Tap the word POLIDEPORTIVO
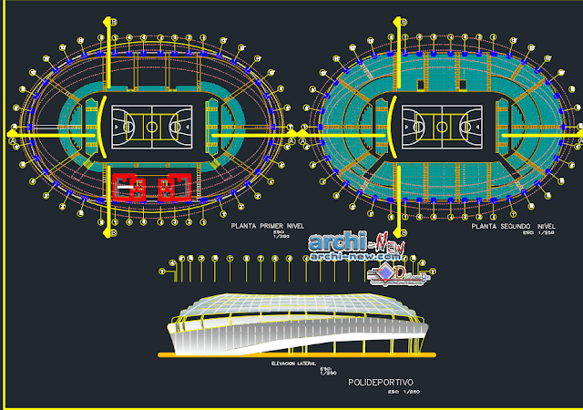click(x=381, y=383)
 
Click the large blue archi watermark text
click(x=337, y=243)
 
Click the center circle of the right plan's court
click(x=441, y=123)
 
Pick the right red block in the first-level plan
click(x=173, y=187)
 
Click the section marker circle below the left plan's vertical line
click(x=111, y=234)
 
